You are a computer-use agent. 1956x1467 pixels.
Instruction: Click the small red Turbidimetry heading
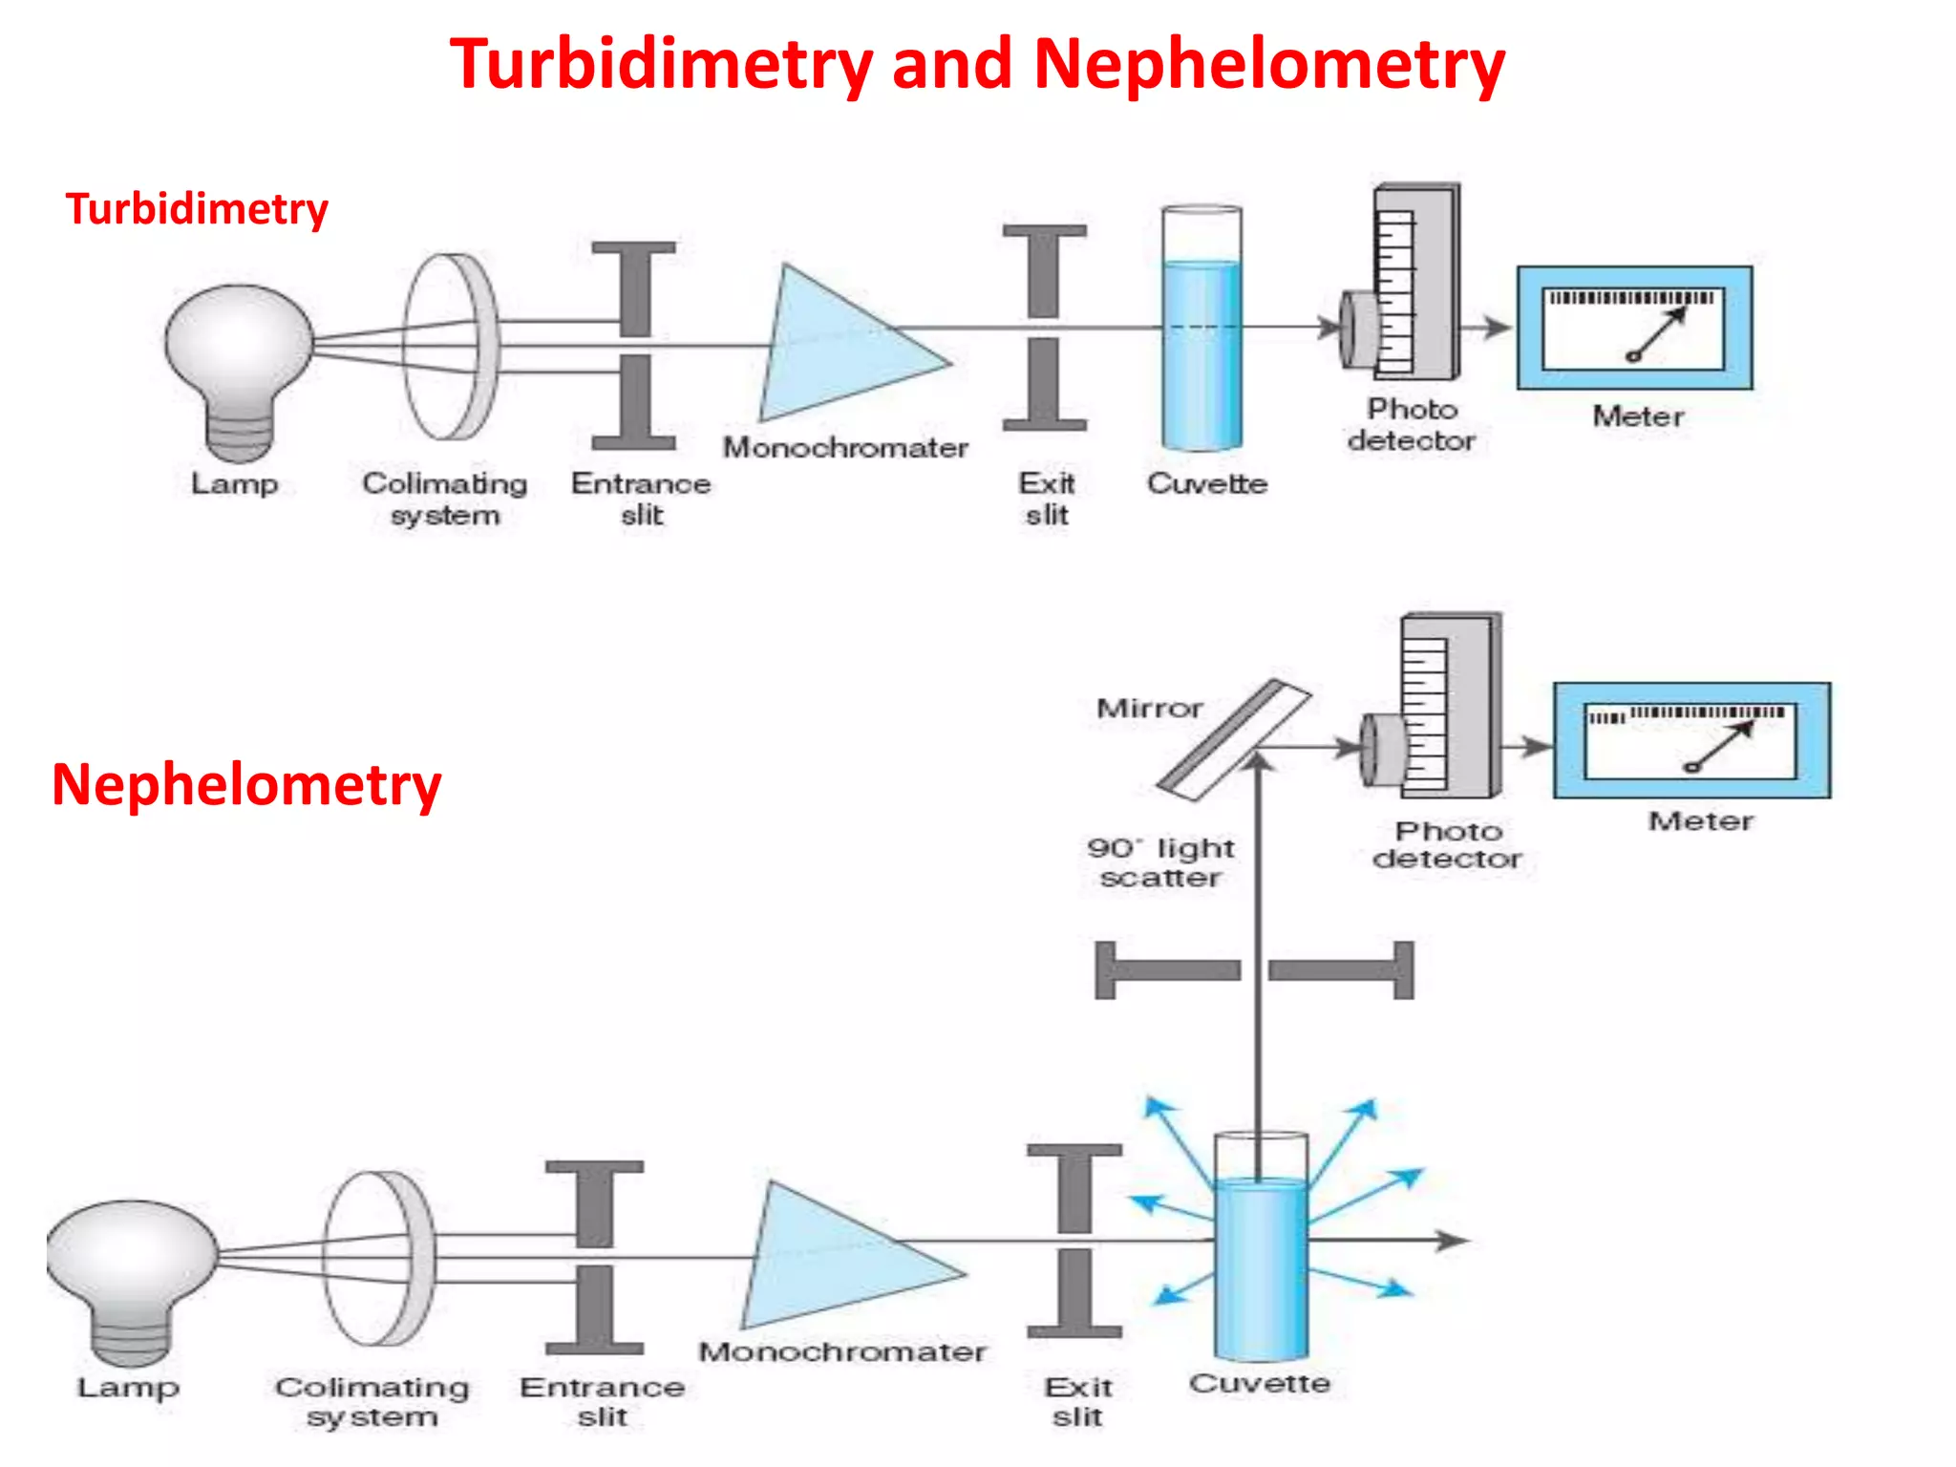(x=197, y=209)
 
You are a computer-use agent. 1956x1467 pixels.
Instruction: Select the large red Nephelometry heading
(x=246, y=785)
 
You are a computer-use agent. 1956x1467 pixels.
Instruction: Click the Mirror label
(x=1149, y=709)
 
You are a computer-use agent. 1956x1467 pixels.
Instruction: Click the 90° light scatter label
(x=1160, y=862)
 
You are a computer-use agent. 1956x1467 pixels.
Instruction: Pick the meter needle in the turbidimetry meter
(x=1659, y=335)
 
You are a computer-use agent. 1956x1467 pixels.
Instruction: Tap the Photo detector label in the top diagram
(x=1412, y=424)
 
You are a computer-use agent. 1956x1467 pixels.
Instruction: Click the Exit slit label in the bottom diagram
(x=1077, y=1401)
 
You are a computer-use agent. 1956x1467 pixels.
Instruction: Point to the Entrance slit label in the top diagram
(x=641, y=499)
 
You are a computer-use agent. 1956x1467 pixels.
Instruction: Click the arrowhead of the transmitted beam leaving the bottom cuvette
(x=1454, y=1241)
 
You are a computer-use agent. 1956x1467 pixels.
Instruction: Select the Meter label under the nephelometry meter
(x=1700, y=821)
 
